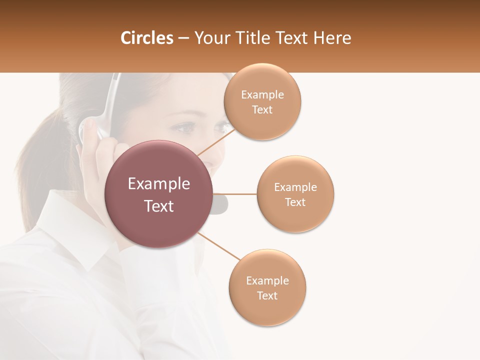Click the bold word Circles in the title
tap(146, 38)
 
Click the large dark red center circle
tap(159, 194)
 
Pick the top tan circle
tap(262, 101)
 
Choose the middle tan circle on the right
tap(295, 194)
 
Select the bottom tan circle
tap(267, 287)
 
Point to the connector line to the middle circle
tap(235, 193)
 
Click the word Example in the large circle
tap(159, 184)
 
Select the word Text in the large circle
tap(159, 206)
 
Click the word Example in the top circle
tap(262, 94)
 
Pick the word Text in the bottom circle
tap(267, 295)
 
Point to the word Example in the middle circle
tap(295, 187)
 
